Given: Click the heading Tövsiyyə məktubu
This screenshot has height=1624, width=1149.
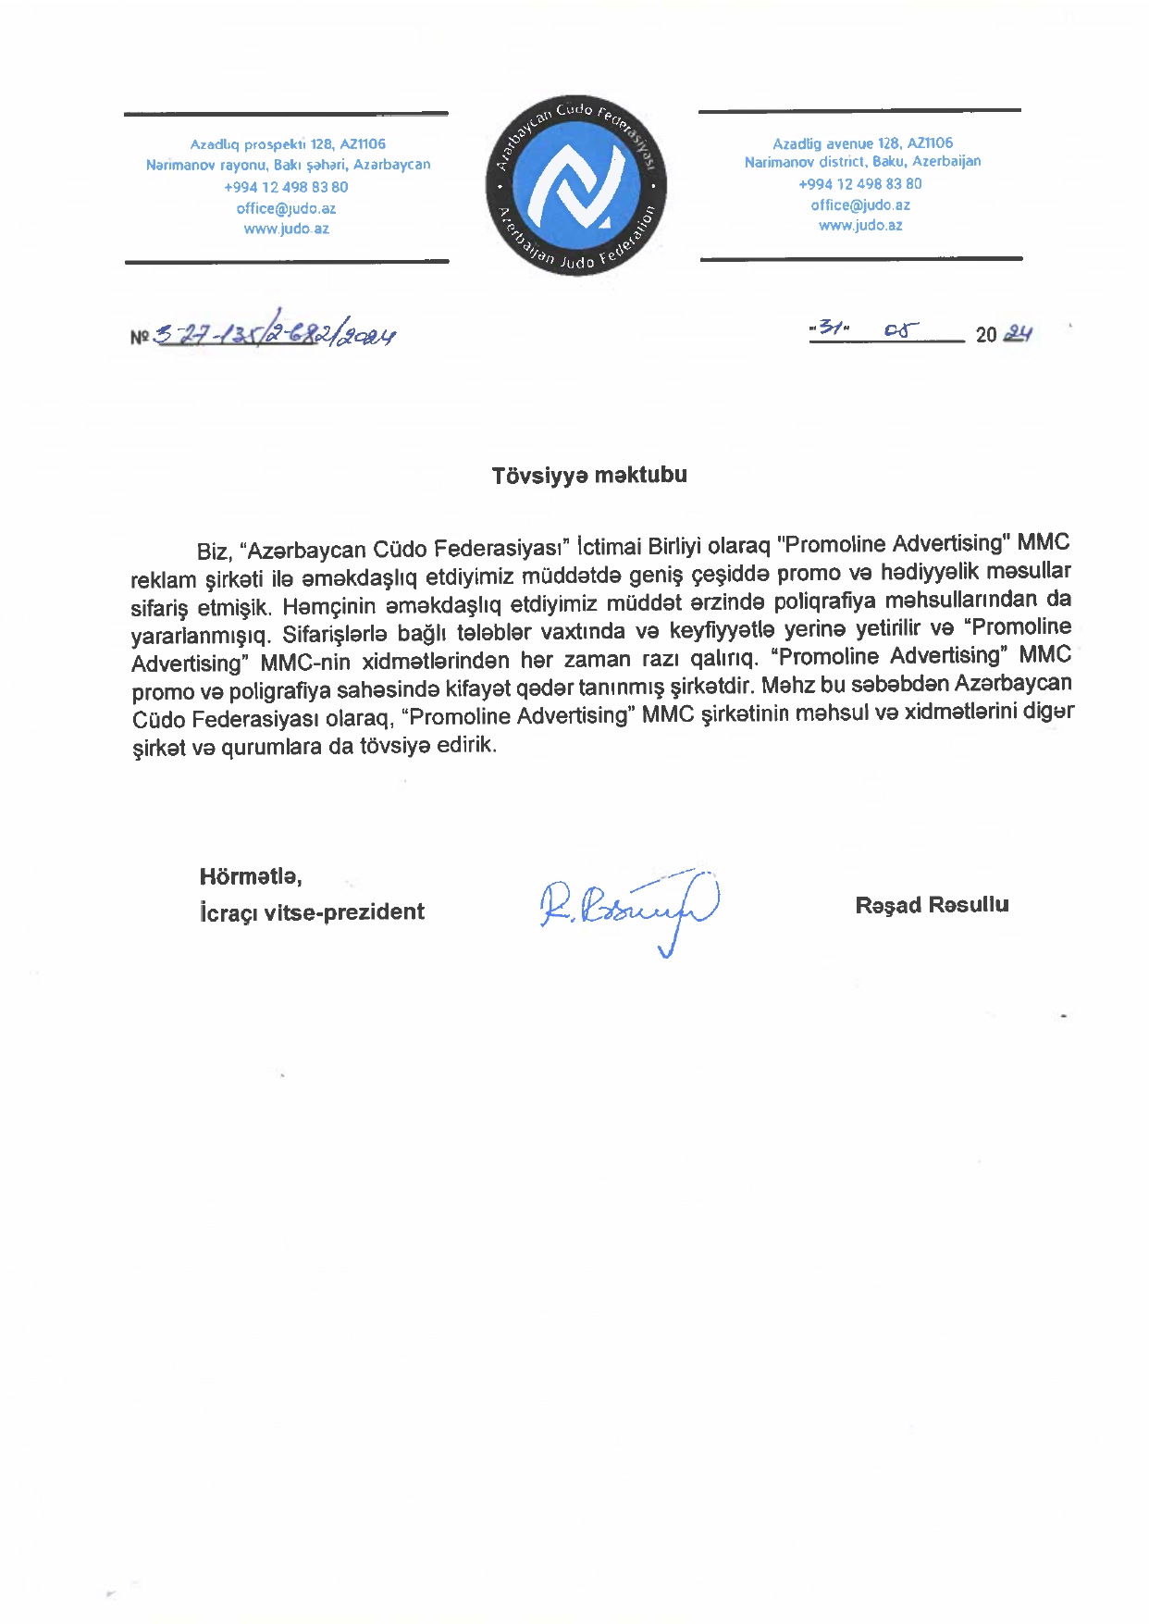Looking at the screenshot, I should (589, 476).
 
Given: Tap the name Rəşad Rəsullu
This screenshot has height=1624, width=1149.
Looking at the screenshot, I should (932, 905).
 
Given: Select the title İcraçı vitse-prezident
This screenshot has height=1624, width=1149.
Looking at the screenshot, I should (312, 912).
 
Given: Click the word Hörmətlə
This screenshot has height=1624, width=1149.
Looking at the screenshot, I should (251, 876).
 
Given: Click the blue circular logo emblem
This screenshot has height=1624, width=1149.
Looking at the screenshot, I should (575, 185).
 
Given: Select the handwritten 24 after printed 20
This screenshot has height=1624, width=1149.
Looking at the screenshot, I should (1018, 333).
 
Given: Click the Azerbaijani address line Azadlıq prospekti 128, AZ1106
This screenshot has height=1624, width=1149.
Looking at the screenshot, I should (288, 144).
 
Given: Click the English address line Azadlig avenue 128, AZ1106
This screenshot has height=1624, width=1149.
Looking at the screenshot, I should (862, 143).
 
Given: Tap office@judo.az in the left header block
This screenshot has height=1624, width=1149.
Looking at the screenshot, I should (286, 209).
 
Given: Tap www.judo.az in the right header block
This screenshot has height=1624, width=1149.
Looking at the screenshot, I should (860, 226).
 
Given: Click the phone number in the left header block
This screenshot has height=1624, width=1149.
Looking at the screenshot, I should (286, 187).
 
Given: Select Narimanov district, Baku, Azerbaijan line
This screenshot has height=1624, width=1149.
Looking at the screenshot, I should (862, 162).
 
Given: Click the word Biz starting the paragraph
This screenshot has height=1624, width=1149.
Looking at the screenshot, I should (212, 552).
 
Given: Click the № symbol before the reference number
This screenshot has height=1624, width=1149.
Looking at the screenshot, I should (140, 337).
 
